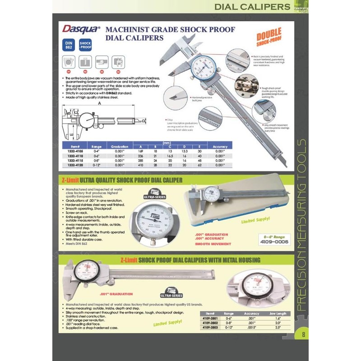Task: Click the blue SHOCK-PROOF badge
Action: (85, 46)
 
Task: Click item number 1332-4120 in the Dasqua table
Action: (74, 166)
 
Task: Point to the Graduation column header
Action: (120, 147)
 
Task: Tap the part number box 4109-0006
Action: (273, 242)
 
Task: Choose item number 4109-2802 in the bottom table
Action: (209, 323)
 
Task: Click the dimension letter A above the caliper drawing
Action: (99, 103)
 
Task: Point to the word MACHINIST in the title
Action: (128, 29)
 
